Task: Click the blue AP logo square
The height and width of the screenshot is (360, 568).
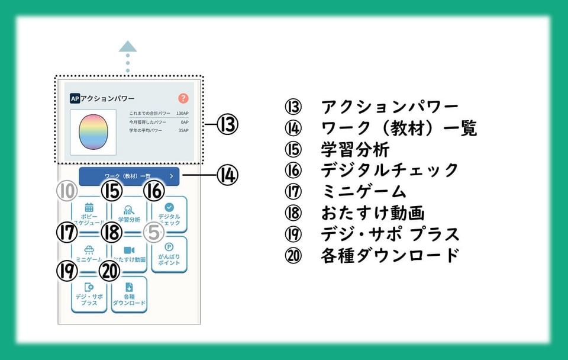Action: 75,99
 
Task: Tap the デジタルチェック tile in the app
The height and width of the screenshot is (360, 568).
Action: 169,213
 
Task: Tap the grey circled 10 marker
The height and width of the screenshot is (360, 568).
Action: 67,191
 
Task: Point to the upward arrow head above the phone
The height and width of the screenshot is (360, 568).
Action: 127,47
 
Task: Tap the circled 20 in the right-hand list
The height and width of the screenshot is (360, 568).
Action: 293,255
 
